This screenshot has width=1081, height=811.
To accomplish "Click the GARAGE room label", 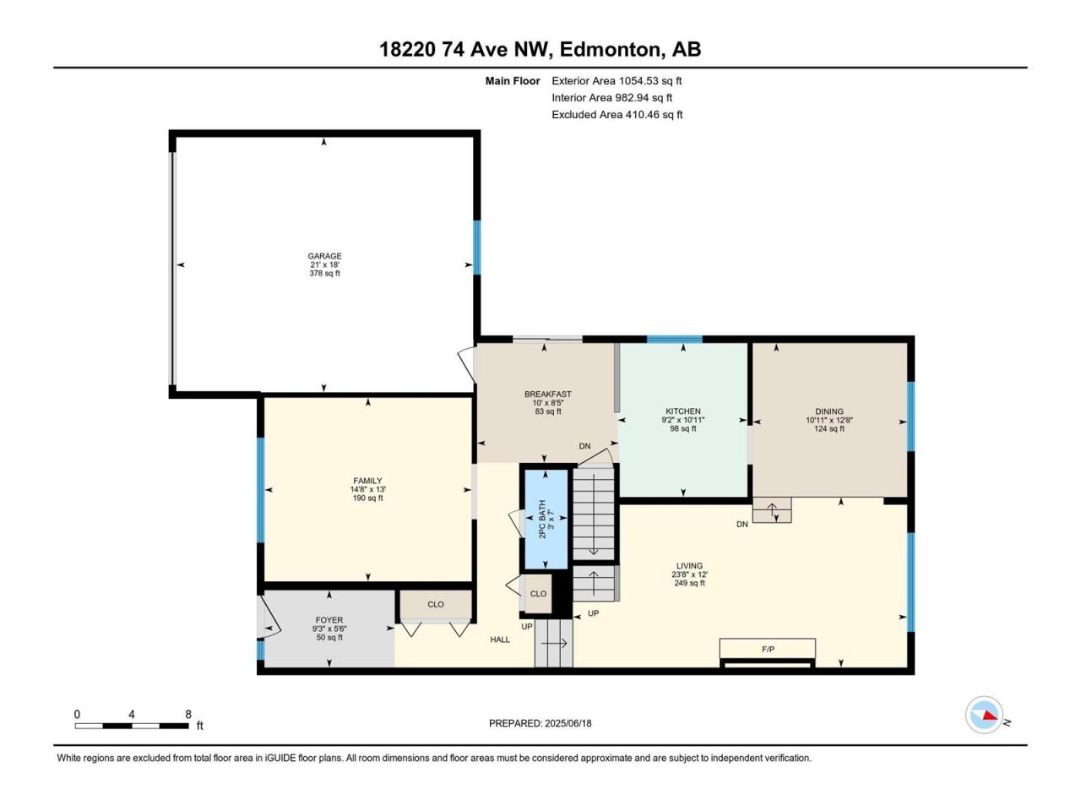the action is pos(324,256).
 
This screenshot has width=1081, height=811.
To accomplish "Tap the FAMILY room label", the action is pos(367,481).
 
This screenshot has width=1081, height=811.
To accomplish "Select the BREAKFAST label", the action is pos(547,394).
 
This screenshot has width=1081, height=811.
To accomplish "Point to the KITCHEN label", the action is pos(683,411).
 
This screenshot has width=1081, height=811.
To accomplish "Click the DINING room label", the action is pos(828,411).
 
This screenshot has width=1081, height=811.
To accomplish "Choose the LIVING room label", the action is pos(689,566).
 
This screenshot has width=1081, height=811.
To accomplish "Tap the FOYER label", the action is pos(329,620).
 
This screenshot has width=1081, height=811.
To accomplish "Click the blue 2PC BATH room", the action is pos(546,519).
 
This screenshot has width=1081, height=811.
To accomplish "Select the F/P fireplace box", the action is pos(768,648).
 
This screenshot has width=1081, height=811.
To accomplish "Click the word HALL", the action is pos(500,640).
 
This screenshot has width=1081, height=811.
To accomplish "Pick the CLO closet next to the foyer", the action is pos(435,604).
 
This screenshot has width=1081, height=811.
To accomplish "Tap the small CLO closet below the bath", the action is pos(538,594).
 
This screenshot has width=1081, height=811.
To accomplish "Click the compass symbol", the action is pos(984,715).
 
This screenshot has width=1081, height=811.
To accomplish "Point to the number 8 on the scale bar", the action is pos(188,714).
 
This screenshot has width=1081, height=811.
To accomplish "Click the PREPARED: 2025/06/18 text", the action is pos(540,723).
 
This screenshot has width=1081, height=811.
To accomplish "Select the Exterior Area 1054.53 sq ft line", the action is pos(617,81).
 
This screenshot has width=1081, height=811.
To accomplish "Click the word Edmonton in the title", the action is pos(610,50).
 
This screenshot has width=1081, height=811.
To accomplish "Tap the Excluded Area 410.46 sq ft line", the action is pos(617,115).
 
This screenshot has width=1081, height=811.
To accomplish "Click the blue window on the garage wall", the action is pos(476,248).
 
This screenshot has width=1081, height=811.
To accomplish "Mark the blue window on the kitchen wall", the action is pos(674,340).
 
